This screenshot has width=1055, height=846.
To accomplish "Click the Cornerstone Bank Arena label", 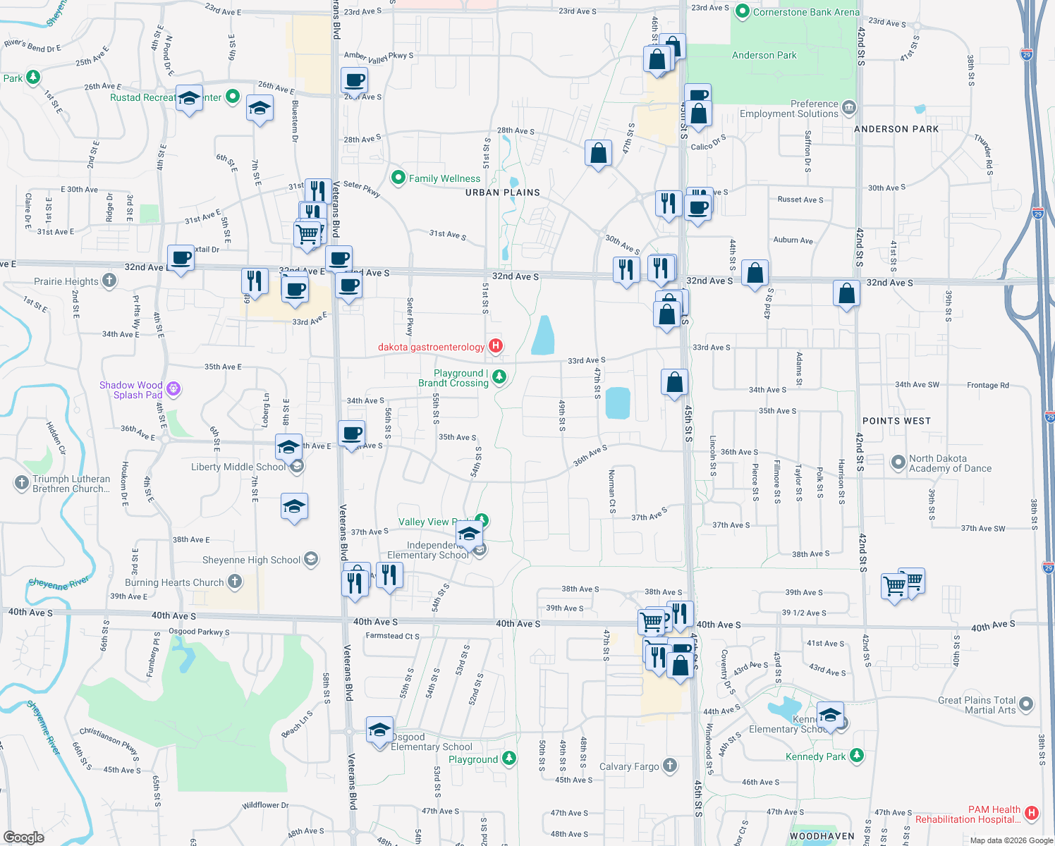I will tap(806, 12).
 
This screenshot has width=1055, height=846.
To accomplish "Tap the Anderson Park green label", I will tap(764, 55).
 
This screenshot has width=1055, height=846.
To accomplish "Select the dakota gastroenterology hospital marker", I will tap(496, 345).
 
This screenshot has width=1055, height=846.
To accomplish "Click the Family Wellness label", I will tap(444, 178).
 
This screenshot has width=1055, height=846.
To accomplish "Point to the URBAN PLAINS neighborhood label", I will tap(502, 192).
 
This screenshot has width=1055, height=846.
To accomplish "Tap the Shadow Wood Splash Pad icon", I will tap(173, 388).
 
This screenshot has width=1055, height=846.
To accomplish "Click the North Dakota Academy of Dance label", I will tap(950, 463).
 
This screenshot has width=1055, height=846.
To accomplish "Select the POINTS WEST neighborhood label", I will tap(896, 421).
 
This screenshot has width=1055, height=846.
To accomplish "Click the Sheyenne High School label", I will tap(251, 560).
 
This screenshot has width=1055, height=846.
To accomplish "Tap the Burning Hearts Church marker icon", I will tap(235, 582).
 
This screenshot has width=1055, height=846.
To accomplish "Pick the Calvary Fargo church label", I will tap(629, 766).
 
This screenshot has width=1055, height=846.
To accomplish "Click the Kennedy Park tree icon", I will tap(856, 756).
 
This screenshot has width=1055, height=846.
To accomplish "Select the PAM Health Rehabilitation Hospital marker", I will tap(1032, 813).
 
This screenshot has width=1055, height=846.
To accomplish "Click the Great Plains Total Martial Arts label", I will tap(977, 705).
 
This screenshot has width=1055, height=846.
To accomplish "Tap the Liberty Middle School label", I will tap(238, 467).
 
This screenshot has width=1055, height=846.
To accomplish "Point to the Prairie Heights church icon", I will tap(109, 281).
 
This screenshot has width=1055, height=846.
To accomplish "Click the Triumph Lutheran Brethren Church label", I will tap(71, 484).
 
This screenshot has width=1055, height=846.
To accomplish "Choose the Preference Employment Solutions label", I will tap(789, 109).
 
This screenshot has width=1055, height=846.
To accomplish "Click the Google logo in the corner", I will tap(23, 837).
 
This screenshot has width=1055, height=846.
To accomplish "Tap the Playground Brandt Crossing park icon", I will tap(499, 376).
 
